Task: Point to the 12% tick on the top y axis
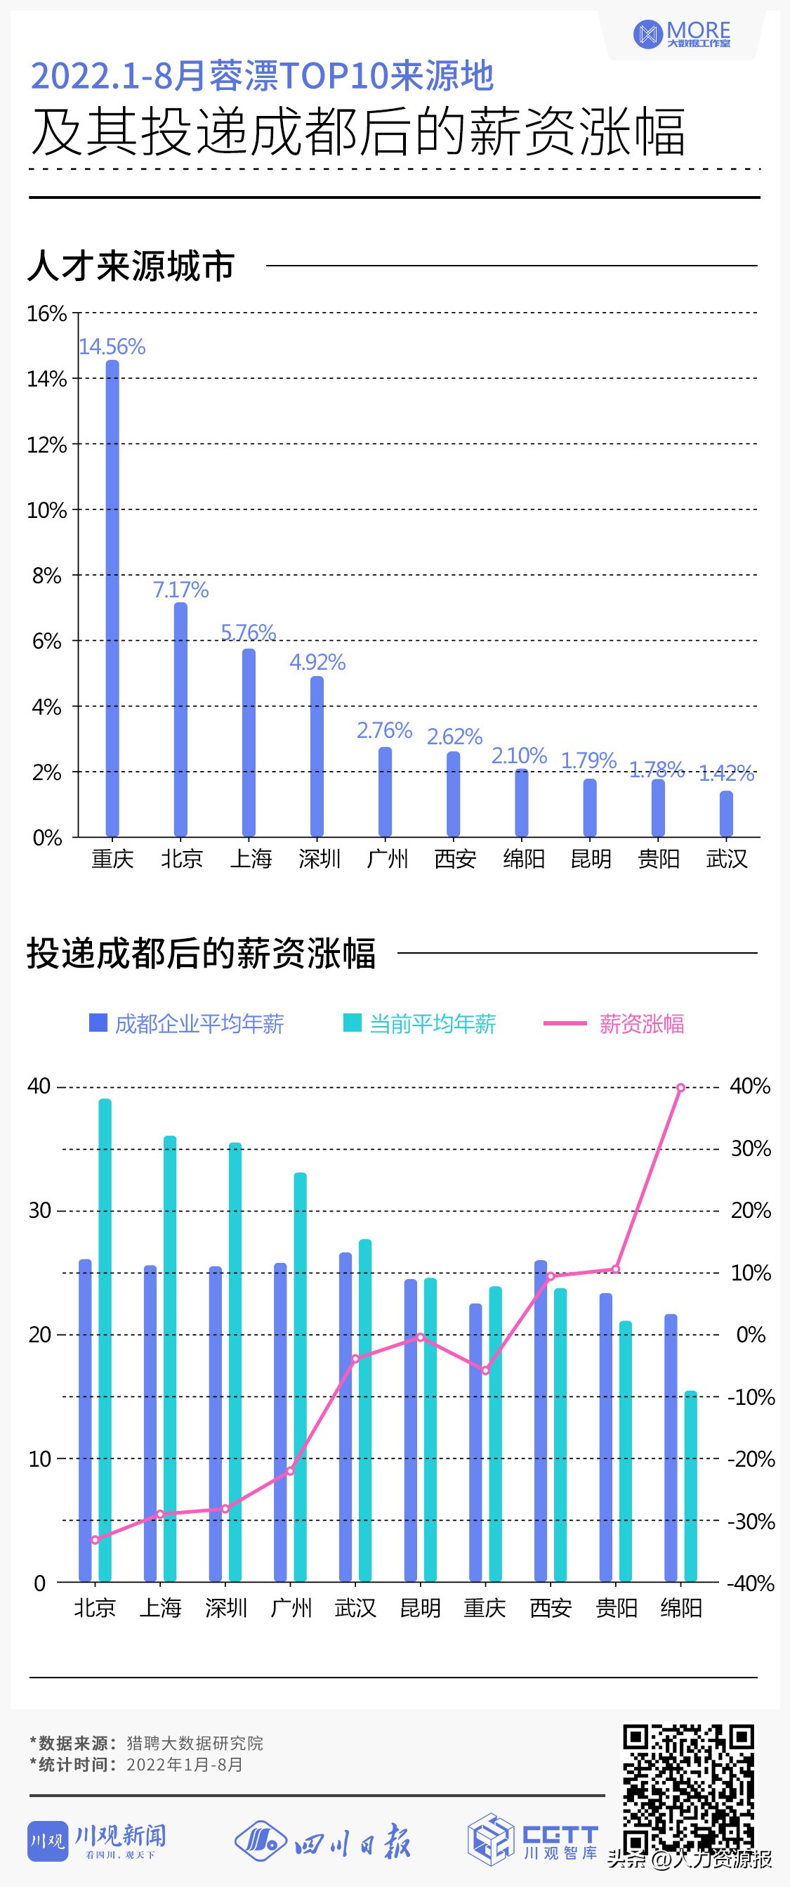tap(47, 445)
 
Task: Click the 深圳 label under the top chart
tap(320, 859)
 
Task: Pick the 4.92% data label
tap(317, 662)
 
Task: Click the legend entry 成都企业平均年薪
tap(187, 1023)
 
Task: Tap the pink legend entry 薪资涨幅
tap(615, 1023)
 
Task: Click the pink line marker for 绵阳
tap(681, 1088)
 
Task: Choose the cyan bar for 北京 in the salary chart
tap(105, 1340)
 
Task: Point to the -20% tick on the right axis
tap(751, 1458)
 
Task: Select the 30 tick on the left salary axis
tap(39, 1210)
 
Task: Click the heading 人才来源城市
tap(131, 265)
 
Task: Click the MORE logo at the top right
tap(683, 34)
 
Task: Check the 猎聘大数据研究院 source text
tap(195, 1743)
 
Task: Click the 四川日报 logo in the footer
tap(323, 1841)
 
